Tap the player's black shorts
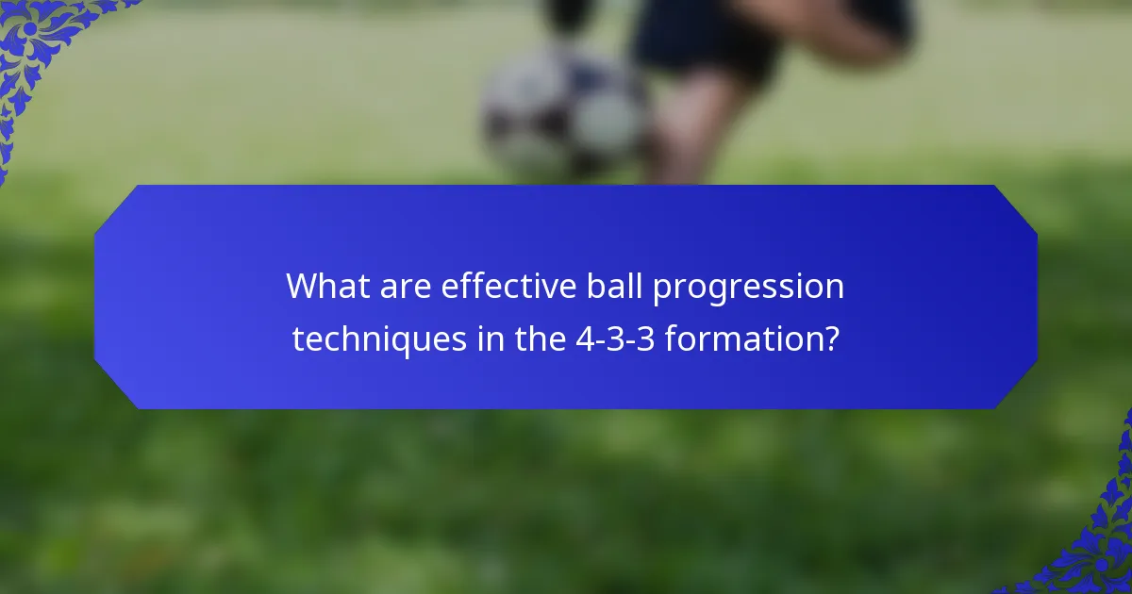click(x=703, y=38)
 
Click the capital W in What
click(x=302, y=287)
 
